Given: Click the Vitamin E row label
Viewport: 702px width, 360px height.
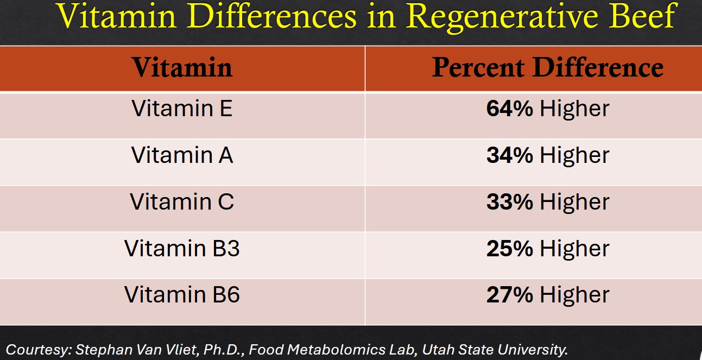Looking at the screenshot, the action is pos(182,109).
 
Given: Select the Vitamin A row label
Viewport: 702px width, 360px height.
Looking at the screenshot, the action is pos(182,155).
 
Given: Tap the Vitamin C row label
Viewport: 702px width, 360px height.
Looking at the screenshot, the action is pos(182,201).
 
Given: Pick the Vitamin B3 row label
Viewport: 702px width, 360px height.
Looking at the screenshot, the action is pos(182,248).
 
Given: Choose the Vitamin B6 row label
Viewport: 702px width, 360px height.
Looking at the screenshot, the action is pos(182,294).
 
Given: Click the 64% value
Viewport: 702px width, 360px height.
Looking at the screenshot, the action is pos(510,109).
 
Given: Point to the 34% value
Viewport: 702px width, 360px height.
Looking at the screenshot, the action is pos(510,155).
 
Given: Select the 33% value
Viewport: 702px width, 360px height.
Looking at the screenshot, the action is pos(510,201).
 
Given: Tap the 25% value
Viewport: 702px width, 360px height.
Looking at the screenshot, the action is pos(510,248).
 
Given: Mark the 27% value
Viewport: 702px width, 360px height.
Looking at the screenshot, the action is pos(510,294).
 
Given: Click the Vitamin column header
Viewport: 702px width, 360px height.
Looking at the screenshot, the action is pos(182,67).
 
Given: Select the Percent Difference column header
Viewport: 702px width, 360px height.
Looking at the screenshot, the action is pos(547,67).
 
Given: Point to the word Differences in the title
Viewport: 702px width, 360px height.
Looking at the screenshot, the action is pos(271,16).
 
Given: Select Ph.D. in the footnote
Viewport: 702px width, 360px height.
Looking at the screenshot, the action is pos(224,350).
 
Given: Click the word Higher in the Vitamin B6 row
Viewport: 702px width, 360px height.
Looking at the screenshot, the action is pos(574,295).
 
